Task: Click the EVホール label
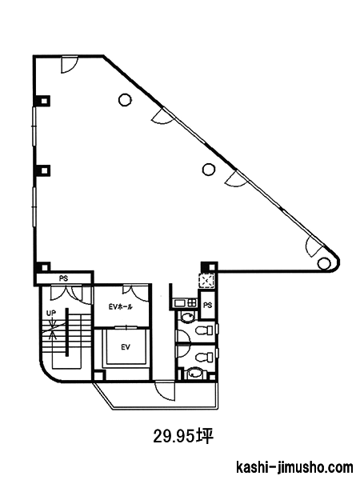(121, 306)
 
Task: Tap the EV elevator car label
(126, 347)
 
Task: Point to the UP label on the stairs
(51, 313)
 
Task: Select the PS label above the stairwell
(64, 278)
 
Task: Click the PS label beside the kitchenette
(208, 306)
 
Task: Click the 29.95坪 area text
(183, 436)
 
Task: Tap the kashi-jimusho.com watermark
(294, 467)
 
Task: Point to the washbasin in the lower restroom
(194, 373)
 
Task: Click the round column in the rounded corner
(322, 262)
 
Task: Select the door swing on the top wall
(69, 65)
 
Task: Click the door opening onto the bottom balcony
(165, 390)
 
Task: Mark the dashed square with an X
(206, 280)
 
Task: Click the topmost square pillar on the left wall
(44, 101)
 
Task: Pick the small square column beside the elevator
(98, 375)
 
